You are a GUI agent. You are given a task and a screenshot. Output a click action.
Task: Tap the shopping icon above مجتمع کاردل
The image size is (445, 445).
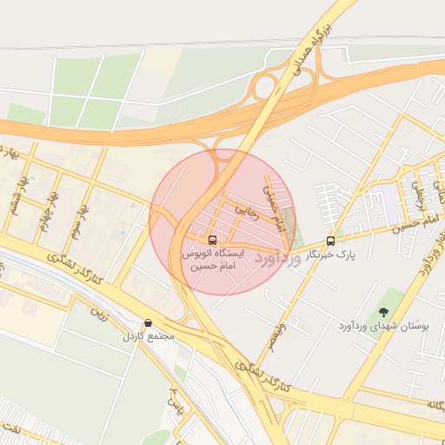click(148, 323)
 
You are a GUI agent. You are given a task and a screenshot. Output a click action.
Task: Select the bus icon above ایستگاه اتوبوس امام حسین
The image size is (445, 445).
click(213, 239)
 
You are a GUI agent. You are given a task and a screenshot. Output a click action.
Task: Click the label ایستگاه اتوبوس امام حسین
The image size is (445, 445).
click(213, 258)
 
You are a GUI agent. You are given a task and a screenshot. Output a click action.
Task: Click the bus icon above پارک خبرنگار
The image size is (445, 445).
click(330, 241)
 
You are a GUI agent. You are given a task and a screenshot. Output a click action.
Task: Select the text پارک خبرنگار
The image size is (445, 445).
click(331, 255)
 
